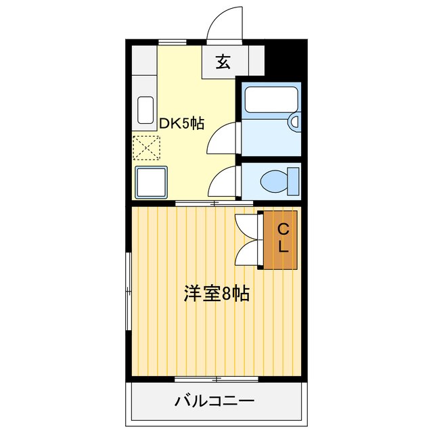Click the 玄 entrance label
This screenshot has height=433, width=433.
click(x=223, y=62)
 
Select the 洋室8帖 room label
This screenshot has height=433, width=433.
click(x=216, y=294)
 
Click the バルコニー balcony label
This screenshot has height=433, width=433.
click(x=214, y=401)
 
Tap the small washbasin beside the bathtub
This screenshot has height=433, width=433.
click(x=294, y=122)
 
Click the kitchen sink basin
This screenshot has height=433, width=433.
click(x=146, y=110)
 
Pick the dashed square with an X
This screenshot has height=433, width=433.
click(x=147, y=147)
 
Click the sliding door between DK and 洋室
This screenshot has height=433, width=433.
click(x=213, y=203)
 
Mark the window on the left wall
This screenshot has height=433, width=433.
click(x=128, y=291)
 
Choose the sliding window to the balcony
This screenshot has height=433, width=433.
click(x=216, y=378)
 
